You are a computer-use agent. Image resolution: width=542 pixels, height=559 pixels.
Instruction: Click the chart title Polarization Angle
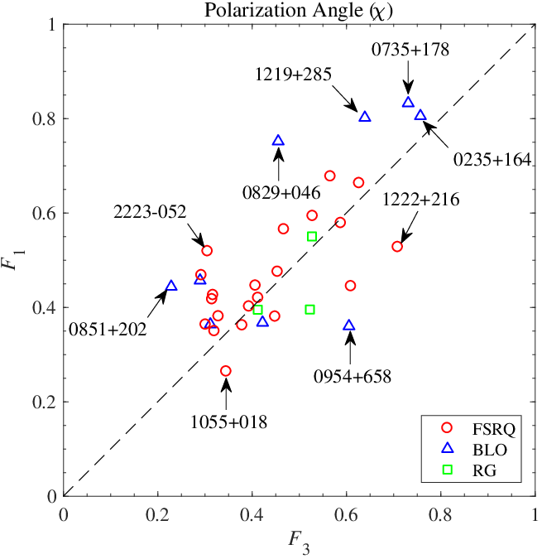299,10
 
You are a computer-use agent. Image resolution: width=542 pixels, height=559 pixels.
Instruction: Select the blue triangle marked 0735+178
408,103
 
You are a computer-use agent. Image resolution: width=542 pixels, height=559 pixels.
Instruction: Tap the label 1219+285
294,75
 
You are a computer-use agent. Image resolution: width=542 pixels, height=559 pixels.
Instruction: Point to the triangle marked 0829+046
278,141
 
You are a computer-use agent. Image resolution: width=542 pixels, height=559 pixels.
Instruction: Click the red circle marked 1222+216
397,247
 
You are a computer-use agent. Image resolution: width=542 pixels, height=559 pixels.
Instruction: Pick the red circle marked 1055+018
225,371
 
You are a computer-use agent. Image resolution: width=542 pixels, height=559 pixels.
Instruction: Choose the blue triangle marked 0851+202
171,286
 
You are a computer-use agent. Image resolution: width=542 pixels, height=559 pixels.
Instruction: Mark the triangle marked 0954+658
349,325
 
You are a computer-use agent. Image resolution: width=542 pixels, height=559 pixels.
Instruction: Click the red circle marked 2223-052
207,251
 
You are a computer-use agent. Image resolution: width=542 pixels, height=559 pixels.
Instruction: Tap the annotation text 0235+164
492,159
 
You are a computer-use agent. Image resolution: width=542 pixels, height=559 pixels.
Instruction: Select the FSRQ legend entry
478,428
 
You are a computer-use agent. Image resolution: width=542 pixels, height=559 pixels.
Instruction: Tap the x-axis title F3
299,542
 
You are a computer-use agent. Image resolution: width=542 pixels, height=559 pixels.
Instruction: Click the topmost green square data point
312,236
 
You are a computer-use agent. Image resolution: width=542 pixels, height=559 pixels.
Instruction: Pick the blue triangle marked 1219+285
365,117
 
